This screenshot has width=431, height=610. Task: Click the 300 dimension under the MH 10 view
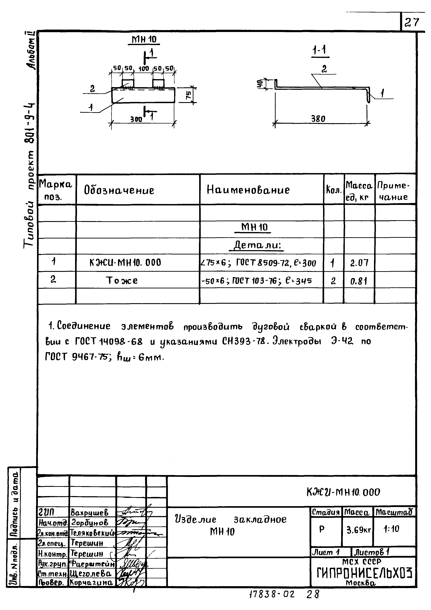pyautogui.click(x=136, y=119)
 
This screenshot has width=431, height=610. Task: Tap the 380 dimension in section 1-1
pyautogui.click(x=318, y=119)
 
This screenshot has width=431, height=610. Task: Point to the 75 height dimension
pyautogui.click(x=188, y=95)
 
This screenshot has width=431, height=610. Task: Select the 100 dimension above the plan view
pyautogui.click(x=144, y=69)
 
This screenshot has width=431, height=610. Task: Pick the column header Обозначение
pyautogui.click(x=119, y=190)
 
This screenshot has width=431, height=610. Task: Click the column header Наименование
pyautogui.click(x=248, y=190)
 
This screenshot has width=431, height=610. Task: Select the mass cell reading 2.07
pyautogui.click(x=359, y=263)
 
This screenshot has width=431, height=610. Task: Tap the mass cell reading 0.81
pyautogui.click(x=359, y=281)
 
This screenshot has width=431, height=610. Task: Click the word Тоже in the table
pyautogui.click(x=122, y=280)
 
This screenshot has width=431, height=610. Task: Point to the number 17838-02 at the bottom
pyautogui.click(x=272, y=601)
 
